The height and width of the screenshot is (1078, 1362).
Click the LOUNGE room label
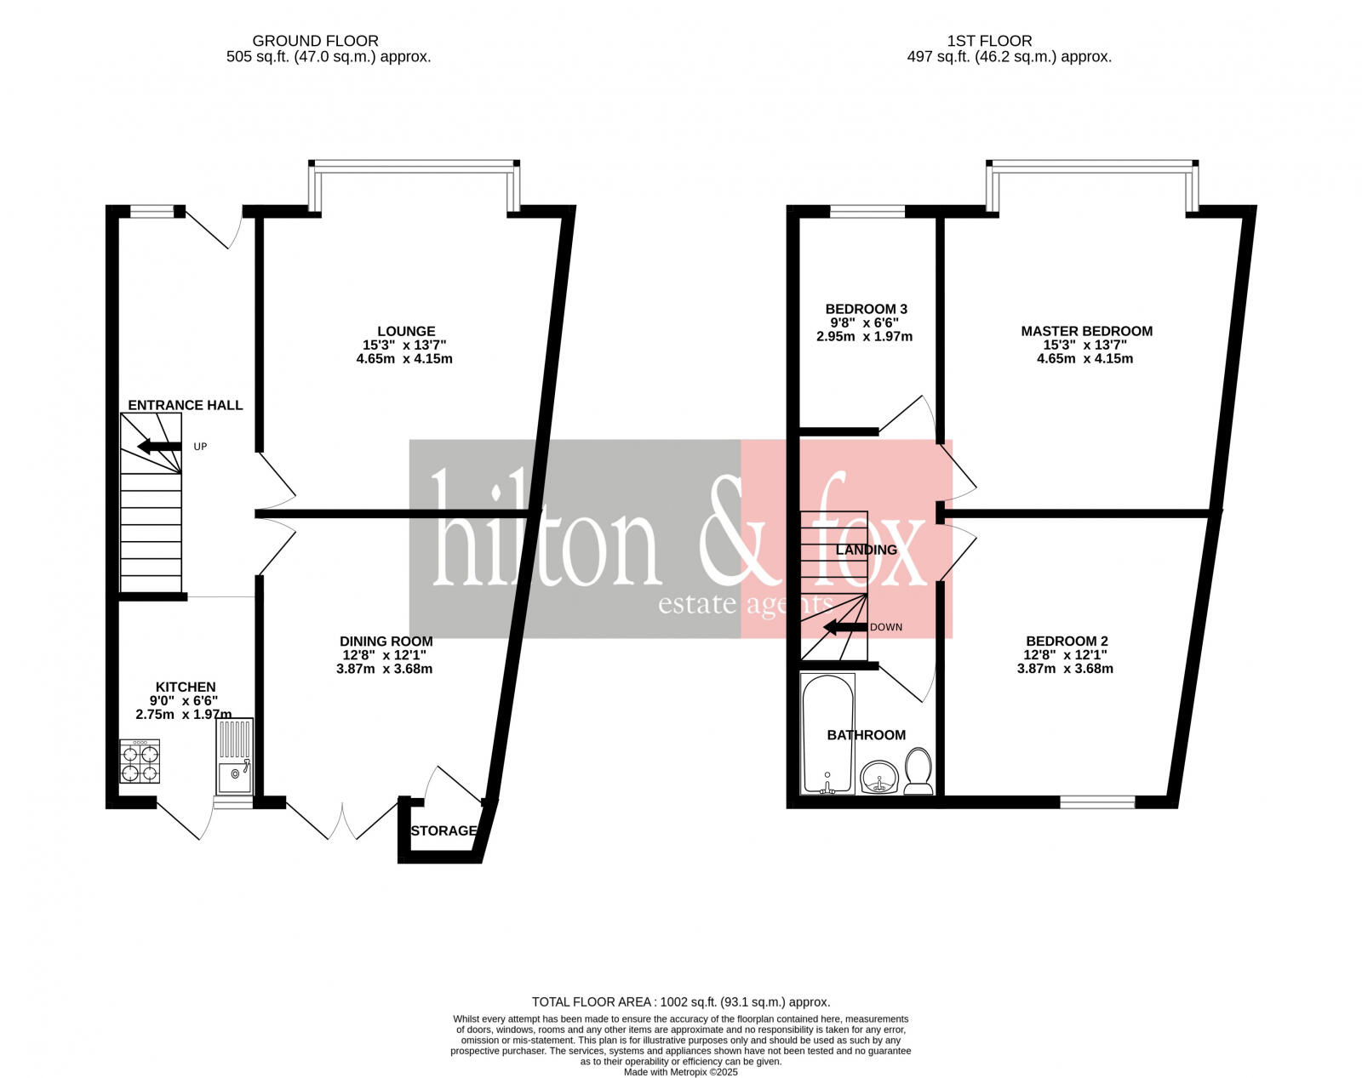(x=406, y=331)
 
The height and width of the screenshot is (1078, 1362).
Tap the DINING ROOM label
(x=386, y=642)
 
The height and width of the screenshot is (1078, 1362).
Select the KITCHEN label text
(x=186, y=687)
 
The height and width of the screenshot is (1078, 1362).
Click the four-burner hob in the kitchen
(x=140, y=761)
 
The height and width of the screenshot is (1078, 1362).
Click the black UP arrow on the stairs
(x=159, y=446)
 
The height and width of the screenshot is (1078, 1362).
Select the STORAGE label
(x=444, y=830)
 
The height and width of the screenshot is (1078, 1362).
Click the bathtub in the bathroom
(x=828, y=734)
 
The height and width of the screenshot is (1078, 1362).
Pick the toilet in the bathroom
(x=918, y=770)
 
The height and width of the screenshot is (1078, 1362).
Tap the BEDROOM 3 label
(x=866, y=309)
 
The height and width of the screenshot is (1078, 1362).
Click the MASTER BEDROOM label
(x=1086, y=331)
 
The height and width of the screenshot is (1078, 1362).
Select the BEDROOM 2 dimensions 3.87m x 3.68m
(x=1065, y=669)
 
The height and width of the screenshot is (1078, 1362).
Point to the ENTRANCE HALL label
(x=185, y=405)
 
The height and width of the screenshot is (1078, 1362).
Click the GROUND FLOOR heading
(x=315, y=41)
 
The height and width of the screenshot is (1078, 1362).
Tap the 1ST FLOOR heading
(x=989, y=41)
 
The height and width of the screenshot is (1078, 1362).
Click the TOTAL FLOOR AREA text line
(x=680, y=1002)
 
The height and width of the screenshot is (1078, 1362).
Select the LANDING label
(x=866, y=550)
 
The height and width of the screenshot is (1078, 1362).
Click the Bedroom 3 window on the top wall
(x=867, y=211)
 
